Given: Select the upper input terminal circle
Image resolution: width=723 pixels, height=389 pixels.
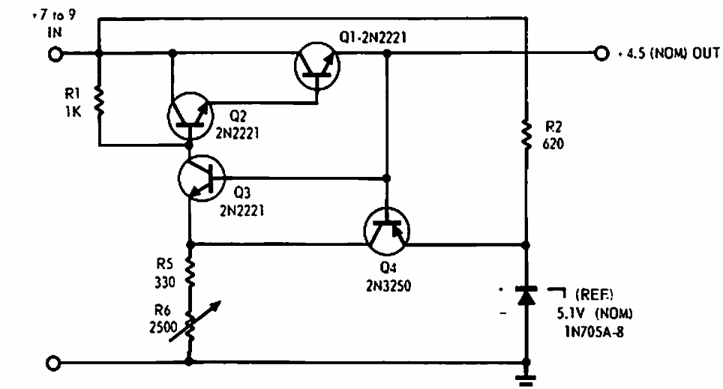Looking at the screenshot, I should pos(54,54).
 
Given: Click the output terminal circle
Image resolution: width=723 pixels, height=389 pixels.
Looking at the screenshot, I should pos(599,54).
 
